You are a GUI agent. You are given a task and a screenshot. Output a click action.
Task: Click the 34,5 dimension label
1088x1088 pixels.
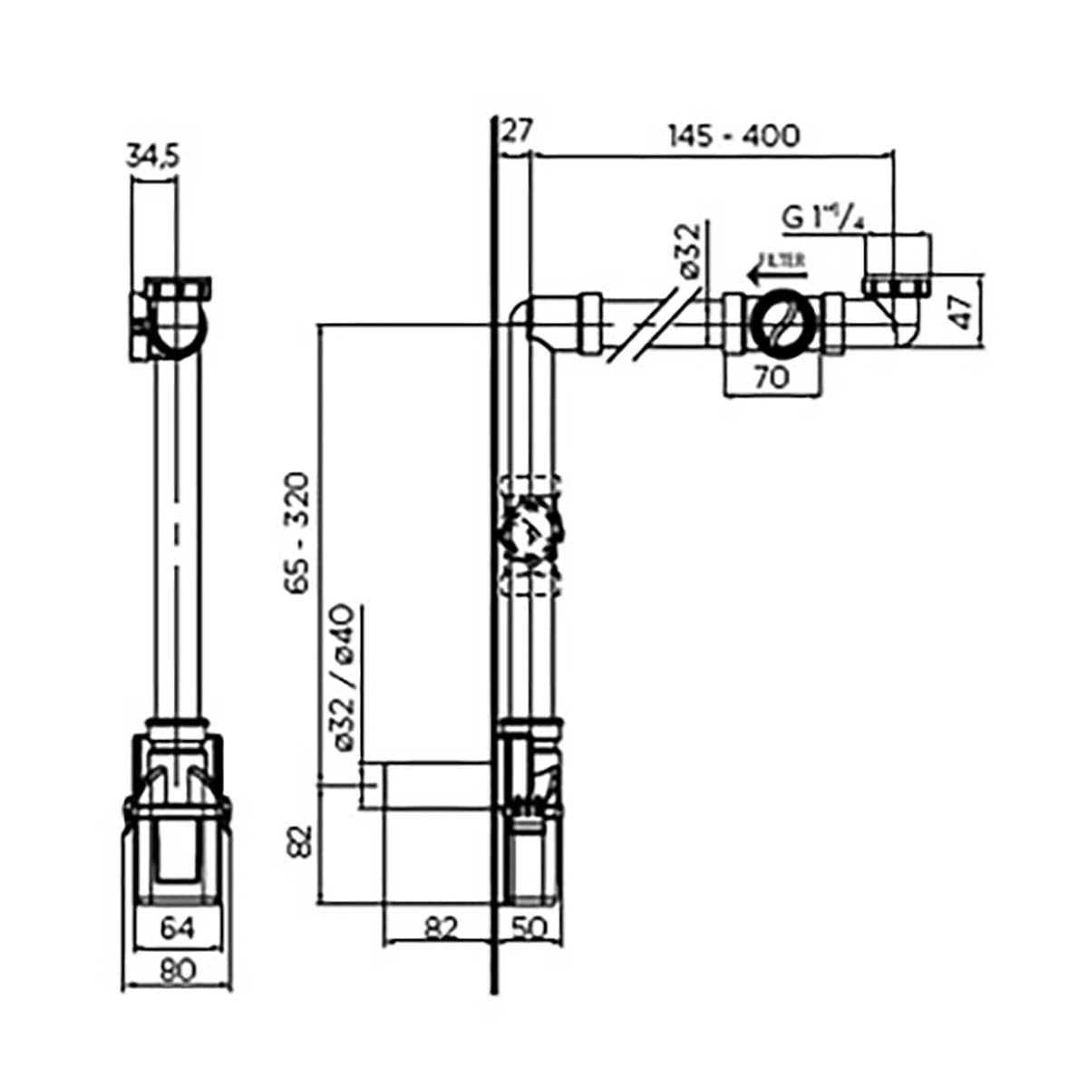point(152,157)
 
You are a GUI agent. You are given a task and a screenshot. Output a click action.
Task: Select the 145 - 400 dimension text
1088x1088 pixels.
point(733,136)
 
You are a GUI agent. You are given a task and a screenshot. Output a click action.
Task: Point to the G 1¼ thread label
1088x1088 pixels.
point(821,218)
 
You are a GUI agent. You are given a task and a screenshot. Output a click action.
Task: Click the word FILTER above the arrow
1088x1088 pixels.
point(782,259)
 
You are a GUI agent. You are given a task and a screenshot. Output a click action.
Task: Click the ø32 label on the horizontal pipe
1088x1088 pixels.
point(690,251)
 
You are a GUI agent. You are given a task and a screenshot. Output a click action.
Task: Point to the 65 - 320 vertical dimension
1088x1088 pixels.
point(298,532)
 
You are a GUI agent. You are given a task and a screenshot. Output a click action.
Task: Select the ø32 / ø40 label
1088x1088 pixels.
point(349,677)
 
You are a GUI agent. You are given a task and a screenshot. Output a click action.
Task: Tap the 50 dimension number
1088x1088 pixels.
point(529,928)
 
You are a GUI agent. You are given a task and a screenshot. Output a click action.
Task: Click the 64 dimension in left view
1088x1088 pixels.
point(177,928)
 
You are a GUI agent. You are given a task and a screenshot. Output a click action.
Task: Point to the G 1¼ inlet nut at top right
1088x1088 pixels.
point(897,263)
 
